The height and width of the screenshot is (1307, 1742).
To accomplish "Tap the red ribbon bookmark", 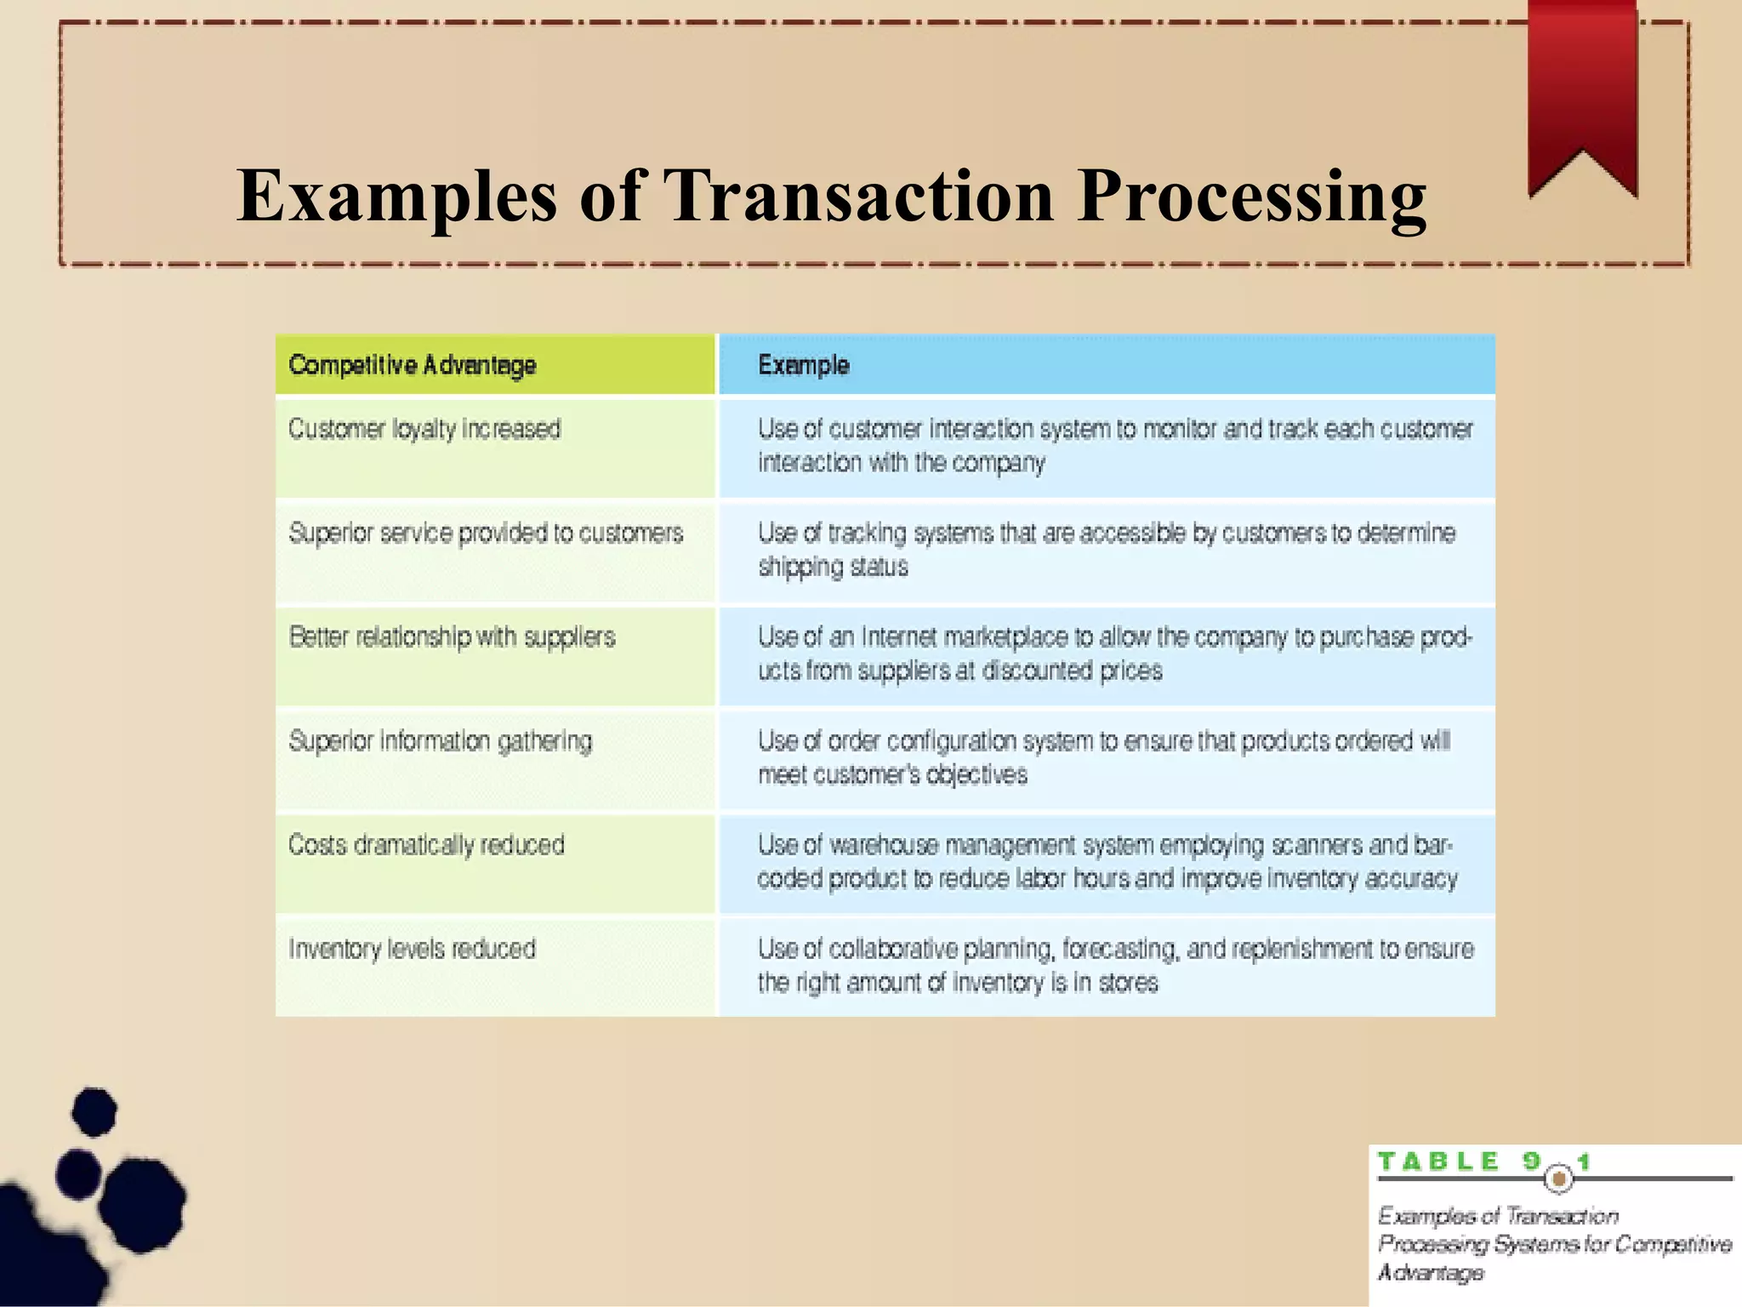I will point(1582,94).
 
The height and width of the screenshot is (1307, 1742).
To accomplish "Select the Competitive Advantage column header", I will point(413,365).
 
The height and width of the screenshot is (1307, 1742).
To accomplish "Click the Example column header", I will point(804,365).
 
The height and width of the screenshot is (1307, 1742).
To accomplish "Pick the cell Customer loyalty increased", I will point(424,429).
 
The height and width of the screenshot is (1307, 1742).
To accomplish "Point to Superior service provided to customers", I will point(486,534).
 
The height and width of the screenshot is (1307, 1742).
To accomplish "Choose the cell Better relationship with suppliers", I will point(452,637).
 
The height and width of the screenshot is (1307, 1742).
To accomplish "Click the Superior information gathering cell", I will point(440,741).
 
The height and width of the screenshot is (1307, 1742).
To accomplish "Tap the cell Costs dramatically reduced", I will point(426,845).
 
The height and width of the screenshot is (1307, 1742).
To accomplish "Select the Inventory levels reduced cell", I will point(412,949).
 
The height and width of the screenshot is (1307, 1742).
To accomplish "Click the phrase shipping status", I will point(833,568).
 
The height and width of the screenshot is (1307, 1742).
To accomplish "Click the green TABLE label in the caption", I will point(1437,1162).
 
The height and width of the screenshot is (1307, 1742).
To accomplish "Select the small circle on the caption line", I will point(1559,1179).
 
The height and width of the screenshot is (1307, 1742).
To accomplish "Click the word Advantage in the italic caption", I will point(1431,1273).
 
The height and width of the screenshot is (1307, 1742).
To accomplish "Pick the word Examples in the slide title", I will point(397,197).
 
